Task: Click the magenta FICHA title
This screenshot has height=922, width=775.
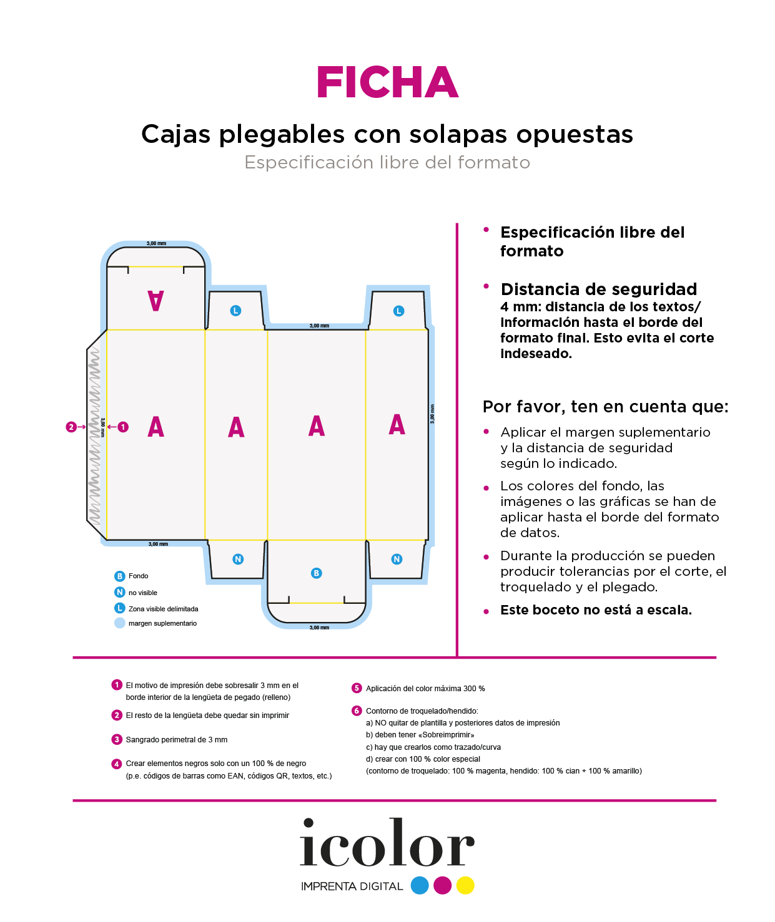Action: [x=387, y=83]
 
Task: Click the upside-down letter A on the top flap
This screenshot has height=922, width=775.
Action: [x=155, y=301]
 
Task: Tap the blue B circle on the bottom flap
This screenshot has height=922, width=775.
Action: [x=317, y=573]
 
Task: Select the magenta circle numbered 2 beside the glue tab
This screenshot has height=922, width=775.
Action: [x=71, y=427]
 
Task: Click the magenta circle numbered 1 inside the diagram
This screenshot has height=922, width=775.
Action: [x=123, y=427]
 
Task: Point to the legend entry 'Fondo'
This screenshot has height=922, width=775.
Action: [x=138, y=576]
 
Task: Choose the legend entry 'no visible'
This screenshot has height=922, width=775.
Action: [x=142, y=593]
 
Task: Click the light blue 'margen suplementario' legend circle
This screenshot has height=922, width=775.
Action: [x=120, y=623]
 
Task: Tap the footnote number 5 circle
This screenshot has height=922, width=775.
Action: [x=357, y=688]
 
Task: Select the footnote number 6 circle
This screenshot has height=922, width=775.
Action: [x=357, y=711]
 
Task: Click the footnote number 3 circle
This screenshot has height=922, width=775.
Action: [x=117, y=739]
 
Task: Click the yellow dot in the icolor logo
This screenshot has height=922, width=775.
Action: [x=465, y=885]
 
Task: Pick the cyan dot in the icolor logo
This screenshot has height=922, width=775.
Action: [x=420, y=885]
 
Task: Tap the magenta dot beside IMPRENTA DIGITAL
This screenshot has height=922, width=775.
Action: [x=442, y=885]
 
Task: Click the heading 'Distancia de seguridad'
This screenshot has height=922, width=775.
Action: [x=598, y=289]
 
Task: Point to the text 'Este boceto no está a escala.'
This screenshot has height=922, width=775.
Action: [x=596, y=610]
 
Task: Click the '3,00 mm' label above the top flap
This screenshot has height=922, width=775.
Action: [x=156, y=243]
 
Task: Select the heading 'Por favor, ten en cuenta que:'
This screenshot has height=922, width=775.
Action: [x=605, y=407]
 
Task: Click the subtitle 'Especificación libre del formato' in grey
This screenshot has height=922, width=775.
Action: [x=387, y=162]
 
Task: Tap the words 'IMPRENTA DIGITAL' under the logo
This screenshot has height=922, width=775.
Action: [x=352, y=886]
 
